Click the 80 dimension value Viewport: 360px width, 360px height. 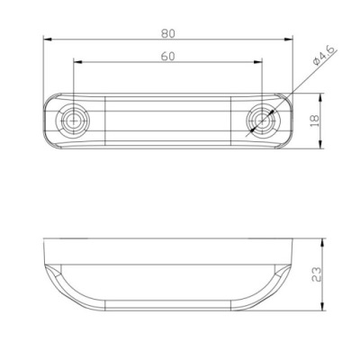tap(167, 33)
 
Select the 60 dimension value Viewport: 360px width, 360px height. tap(167, 57)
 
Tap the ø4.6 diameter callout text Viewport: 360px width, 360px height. tap(325, 55)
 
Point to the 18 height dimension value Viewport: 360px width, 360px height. tap(315, 121)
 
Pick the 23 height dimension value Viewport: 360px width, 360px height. tap(317, 274)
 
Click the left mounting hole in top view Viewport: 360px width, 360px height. tap(73, 121)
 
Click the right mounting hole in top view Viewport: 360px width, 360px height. tap(263, 121)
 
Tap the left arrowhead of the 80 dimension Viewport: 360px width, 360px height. tap(48, 40)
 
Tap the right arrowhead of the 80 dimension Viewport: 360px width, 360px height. tap(288, 40)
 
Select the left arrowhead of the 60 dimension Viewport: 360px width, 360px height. tap(77, 62)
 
